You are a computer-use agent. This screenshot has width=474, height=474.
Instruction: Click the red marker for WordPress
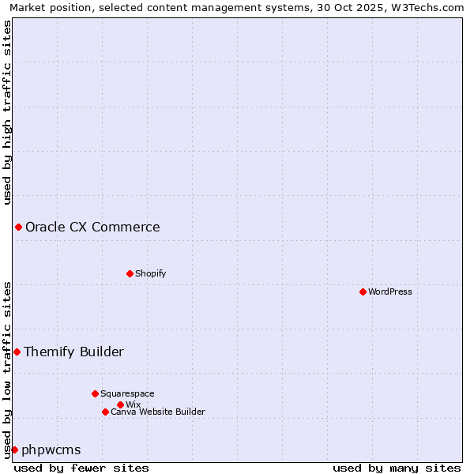click(x=363, y=292)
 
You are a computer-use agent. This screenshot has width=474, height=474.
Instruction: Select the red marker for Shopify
click(x=130, y=273)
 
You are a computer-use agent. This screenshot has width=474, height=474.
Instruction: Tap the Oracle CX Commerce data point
click(x=18, y=228)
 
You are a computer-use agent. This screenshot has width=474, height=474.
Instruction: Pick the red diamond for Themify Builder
click(x=17, y=352)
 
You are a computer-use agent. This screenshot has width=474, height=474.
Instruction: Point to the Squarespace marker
click(x=95, y=393)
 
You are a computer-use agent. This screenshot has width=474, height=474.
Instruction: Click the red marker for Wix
click(x=120, y=404)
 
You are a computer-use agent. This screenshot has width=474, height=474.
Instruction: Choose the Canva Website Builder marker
click(x=105, y=412)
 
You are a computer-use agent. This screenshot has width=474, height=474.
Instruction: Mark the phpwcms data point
click(x=14, y=450)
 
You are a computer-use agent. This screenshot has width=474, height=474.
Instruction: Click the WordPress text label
click(x=390, y=292)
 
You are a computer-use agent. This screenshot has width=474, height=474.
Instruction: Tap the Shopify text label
click(x=151, y=273)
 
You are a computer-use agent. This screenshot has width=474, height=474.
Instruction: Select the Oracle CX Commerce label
click(x=92, y=228)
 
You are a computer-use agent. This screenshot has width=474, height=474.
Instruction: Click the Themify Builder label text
click(x=73, y=352)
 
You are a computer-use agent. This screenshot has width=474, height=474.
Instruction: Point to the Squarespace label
click(x=127, y=393)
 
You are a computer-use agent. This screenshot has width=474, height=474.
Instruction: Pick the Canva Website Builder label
click(x=158, y=412)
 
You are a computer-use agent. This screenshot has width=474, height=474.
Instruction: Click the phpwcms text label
click(x=51, y=450)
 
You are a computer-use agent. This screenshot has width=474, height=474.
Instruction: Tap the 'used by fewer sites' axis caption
click(x=81, y=468)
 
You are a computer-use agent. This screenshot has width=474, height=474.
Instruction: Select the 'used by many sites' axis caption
click(x=397, y=468)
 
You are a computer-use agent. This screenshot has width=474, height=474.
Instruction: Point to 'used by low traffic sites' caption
click(x=7, y=369)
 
